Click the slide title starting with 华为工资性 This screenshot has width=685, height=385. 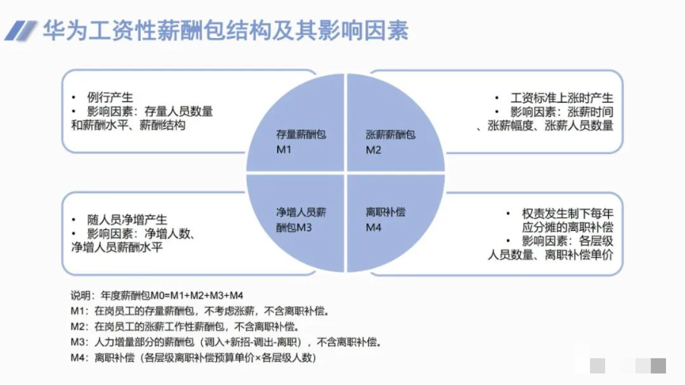(226, 30)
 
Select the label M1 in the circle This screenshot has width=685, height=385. (284, 149)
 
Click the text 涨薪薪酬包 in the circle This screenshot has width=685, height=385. (390, 135)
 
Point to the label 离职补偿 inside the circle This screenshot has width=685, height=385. (386, 212)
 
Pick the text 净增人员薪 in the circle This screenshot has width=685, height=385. (301, 212)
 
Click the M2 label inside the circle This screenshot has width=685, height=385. (373, 149)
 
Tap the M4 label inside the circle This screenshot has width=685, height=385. (373, 227)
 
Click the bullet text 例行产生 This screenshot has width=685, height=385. (110, 98)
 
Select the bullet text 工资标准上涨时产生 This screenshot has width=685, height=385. (562, 98)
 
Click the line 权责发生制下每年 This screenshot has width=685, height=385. (568, 213)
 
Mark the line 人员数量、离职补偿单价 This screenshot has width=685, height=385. (550, 255)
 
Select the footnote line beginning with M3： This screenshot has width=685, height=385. (226, 342)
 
